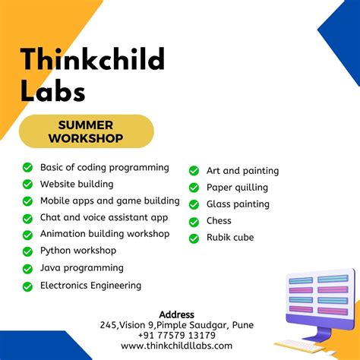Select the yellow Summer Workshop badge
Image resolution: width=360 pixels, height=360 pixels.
coord(86,131)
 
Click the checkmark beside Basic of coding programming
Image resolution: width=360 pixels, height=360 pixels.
coord(27,167)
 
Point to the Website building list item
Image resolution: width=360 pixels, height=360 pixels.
coord(77,184)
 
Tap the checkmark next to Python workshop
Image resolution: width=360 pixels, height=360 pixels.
coord(27,251)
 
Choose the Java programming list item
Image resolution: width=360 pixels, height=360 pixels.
coord(81,267)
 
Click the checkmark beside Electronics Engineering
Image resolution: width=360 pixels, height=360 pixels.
coord(27,286)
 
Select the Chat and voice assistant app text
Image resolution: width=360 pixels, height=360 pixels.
coord(104,217)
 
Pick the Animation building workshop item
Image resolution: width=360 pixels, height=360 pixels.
coord(105,234)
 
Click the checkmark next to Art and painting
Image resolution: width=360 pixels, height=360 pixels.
coord(194,171)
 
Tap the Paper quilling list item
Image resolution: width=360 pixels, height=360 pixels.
coord(237,188)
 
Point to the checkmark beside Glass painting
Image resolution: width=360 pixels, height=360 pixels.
coord(194,204)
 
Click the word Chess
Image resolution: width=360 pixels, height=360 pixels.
coord(219,221)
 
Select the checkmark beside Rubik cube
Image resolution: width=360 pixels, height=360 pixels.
coord(194,238)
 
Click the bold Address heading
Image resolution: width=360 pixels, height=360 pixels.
coord(177,314)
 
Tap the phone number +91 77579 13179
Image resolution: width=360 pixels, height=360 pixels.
coord(177,335)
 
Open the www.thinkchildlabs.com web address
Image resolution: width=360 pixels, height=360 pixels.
coord(177,346)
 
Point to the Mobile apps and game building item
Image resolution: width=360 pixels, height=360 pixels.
coord(110,201)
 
